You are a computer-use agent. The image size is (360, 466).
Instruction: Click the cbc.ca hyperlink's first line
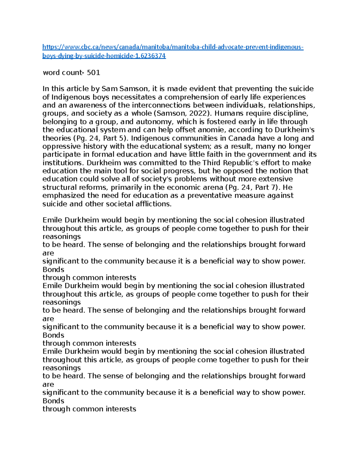pyautogui.click(x=173, y=47)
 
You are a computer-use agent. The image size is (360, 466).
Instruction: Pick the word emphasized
pyautogui.click(x=64, y=196)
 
